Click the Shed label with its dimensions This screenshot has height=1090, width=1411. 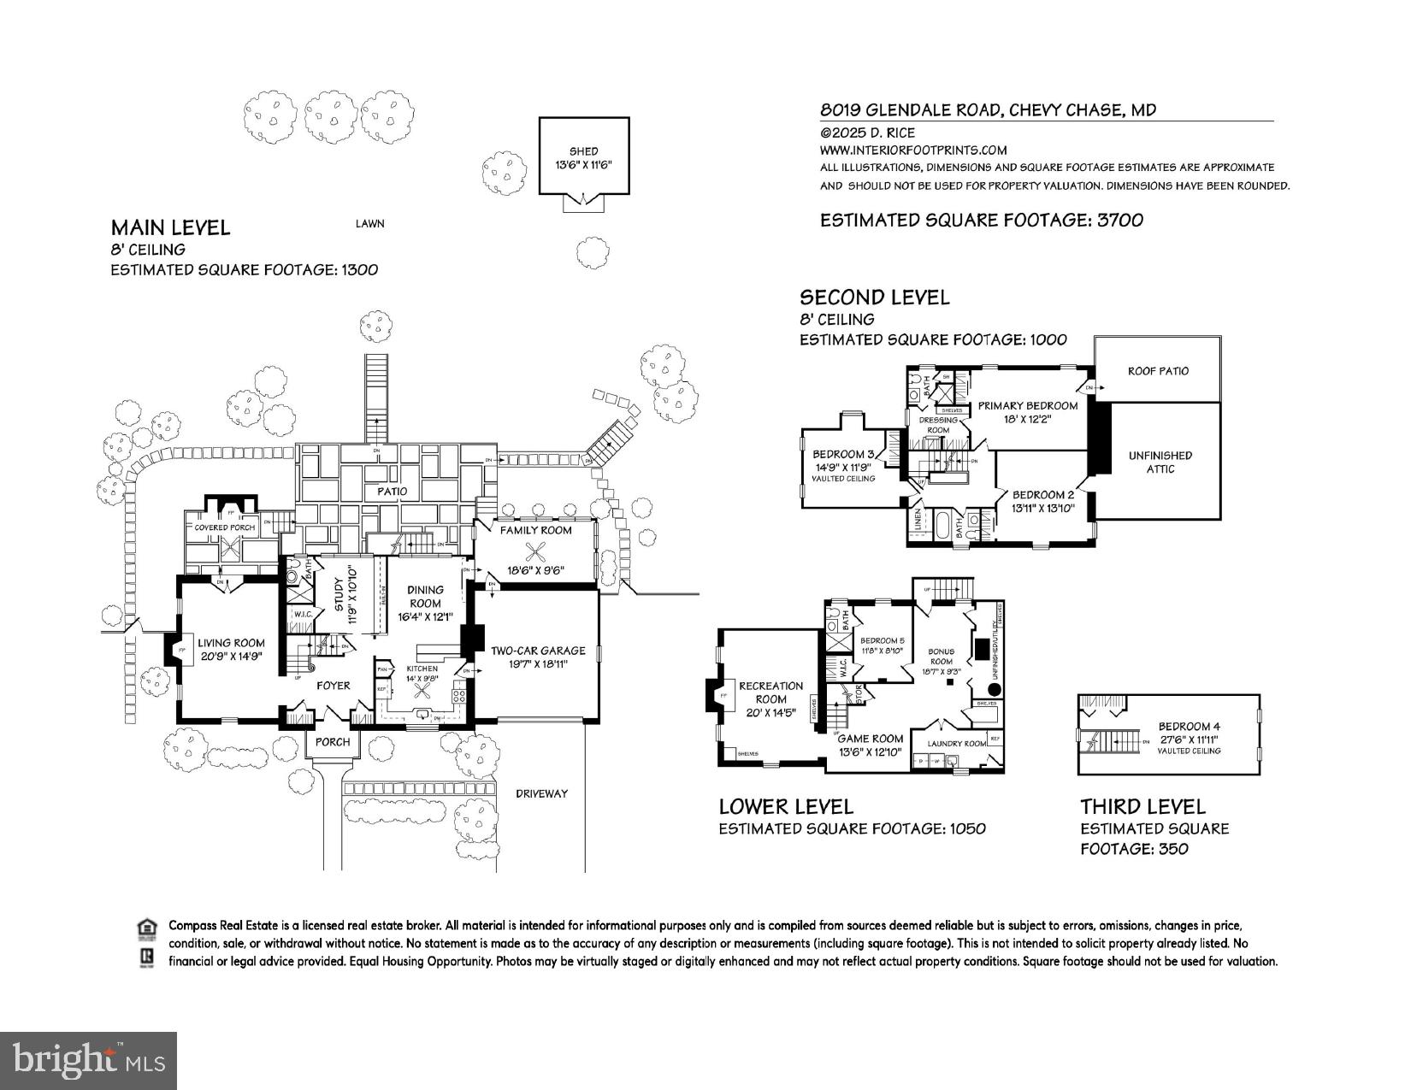point(583,158)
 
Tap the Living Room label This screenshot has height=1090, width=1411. point(231,650)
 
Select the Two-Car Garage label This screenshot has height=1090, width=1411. point(538,657)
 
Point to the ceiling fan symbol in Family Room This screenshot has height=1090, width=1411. point(536,551)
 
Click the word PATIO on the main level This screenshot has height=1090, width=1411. point(393,492)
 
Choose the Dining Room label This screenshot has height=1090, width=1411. point(425,603)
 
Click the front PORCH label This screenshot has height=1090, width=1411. point(333,741)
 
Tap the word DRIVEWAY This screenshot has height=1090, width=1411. point(541,793)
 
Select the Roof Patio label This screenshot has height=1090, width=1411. point(1158,371)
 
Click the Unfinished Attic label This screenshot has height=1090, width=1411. point(1160,463)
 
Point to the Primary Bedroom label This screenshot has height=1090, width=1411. point(1028,412)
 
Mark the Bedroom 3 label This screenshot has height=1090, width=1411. point(843,460)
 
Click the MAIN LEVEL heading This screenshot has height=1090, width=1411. point(170,227)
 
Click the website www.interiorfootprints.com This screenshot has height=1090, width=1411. point(913,150)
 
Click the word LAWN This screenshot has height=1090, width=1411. point(370,224)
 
